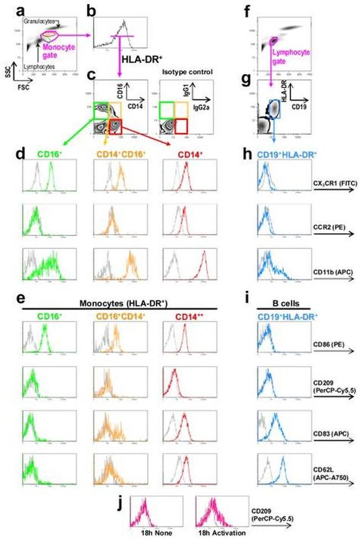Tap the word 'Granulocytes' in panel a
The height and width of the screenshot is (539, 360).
pyautogui.click(x=40, y=20)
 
